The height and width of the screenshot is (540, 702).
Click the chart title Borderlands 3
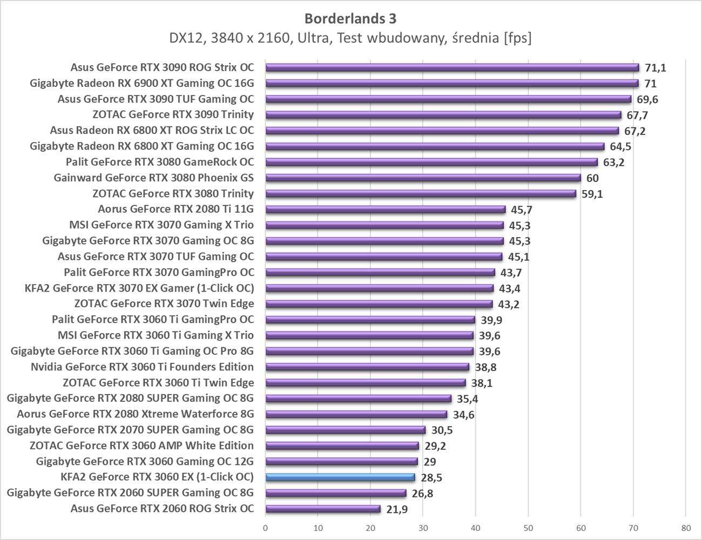coord(350,18)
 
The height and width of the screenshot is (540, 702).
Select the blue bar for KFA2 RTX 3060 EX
coord(340,477)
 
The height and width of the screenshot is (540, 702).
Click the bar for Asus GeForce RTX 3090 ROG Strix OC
coord(452,67)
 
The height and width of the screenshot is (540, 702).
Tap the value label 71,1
coord(656,67)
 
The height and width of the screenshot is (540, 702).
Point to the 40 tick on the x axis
coord(475,528)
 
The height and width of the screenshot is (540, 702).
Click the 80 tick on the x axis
coord(685,528)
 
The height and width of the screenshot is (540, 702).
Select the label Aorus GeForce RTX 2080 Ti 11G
coord(175,210)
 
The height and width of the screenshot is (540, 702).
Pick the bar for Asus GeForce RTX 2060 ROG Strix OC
coord(323,509)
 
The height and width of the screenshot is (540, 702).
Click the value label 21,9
coord(397,509)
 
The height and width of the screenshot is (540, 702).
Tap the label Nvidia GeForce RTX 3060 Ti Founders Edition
coord(142,367)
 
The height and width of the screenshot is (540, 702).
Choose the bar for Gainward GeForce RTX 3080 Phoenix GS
coord(423,178)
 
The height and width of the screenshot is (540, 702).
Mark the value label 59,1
coord(592,194)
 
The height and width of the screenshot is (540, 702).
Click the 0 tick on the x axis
coord(266,528)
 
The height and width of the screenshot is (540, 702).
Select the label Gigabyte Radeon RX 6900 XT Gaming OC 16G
coord(141,84)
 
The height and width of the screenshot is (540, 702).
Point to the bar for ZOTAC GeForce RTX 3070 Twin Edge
coord(379,304)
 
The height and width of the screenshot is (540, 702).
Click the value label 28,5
coord(431,478)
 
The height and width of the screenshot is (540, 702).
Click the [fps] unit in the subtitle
coord(517,38)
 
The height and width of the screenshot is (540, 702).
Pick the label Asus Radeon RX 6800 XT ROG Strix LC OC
coord(152,131)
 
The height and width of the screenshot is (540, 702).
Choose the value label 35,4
coord(468,399)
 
